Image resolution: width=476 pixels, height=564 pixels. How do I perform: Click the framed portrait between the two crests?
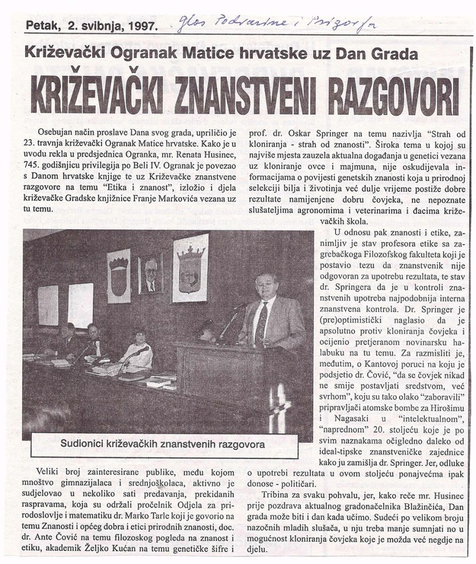pyautogui.click(x=150, y=273)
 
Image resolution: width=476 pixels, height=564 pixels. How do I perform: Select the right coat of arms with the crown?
pyautogui.click(x=190, y=267)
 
